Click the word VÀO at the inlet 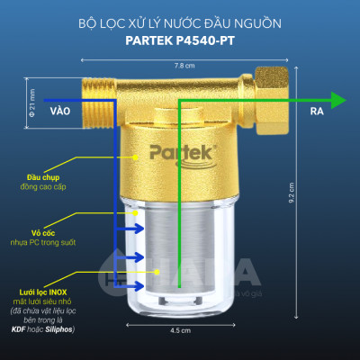(60, 112)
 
